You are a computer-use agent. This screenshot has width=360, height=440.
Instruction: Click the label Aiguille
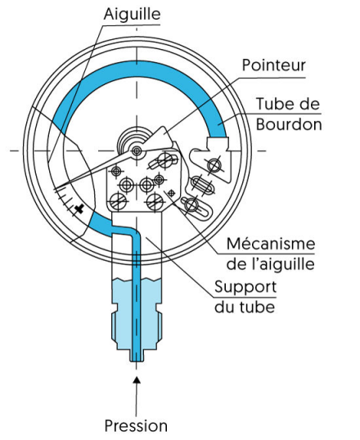pyautogui.click(x=132, y=14)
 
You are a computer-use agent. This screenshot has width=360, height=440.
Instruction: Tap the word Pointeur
pyautogui.click(x=274, y=65)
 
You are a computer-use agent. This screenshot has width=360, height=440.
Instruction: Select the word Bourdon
pyautogui.click(x=289, y=124)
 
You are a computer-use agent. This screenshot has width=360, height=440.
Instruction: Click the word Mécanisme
pyautogui.click(x=271, y=244)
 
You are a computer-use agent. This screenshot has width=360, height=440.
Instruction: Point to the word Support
pyautogui.click(x=245, y=287)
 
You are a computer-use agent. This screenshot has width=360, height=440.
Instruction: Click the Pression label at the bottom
pyautogui.click(x=136, y=425)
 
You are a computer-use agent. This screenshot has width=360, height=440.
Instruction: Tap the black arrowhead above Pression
pyautogui.click(x=137, y=379)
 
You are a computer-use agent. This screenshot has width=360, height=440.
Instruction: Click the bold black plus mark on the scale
pyautogui.click(x=79, y=209)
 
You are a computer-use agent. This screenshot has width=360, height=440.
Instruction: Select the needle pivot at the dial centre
pyautogui.click(x=137, y=150)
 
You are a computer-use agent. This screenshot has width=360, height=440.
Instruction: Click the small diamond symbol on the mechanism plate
pyautogui.click(x=170, y=192)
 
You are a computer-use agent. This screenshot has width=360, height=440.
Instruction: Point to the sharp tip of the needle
pyautogui.click(x=54, y=189)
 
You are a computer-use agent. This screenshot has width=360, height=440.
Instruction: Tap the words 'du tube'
pyautogui.click(x=245, y=307)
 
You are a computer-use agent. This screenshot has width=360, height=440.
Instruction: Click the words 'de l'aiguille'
pyautogui.click(x=271, y=264)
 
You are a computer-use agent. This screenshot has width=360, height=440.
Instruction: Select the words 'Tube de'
pyautogui.click(x=288, y=104)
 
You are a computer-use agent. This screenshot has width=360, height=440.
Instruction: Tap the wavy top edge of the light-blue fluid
pyautogui.click(x=137, y=279)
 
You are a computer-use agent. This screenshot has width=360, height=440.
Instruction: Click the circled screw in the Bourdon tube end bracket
pyautogui.click(x=214, y=165)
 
